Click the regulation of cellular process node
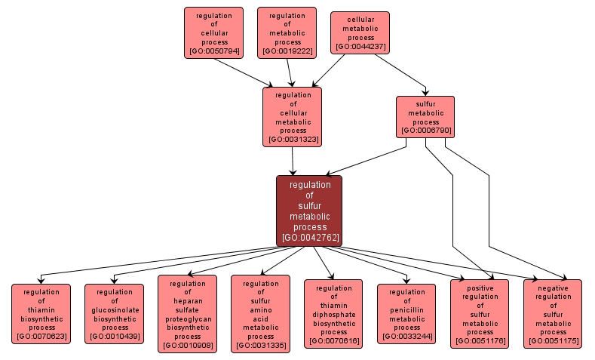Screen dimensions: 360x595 (213, 33)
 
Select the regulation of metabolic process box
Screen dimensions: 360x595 (287, 33)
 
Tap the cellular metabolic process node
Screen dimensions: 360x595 (360, 32)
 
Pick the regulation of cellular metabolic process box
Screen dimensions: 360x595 (292, 116)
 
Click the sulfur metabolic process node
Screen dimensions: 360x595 (425, 116)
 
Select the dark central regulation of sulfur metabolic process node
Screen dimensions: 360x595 (309, 211)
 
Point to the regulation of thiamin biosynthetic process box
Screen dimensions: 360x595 (41, 314)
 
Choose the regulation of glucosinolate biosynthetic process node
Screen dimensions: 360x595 (114, 314)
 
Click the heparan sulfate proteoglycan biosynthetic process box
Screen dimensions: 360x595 (187, 314)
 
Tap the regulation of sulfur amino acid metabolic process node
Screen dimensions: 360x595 (260, 314)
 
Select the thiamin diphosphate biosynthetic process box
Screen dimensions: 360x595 (333, 314)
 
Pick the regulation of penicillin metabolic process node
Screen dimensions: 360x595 (406, 314)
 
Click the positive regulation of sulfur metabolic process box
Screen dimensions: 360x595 (480, 314)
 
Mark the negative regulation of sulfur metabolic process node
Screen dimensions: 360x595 (553, 314)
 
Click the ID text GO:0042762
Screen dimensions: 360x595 (310, 238)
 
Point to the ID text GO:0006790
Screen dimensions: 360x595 (426, 131)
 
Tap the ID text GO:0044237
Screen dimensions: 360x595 (360, 47)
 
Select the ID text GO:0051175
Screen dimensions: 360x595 (553, 342)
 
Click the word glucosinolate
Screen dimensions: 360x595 (115, 309)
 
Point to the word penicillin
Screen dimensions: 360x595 (406, 309)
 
